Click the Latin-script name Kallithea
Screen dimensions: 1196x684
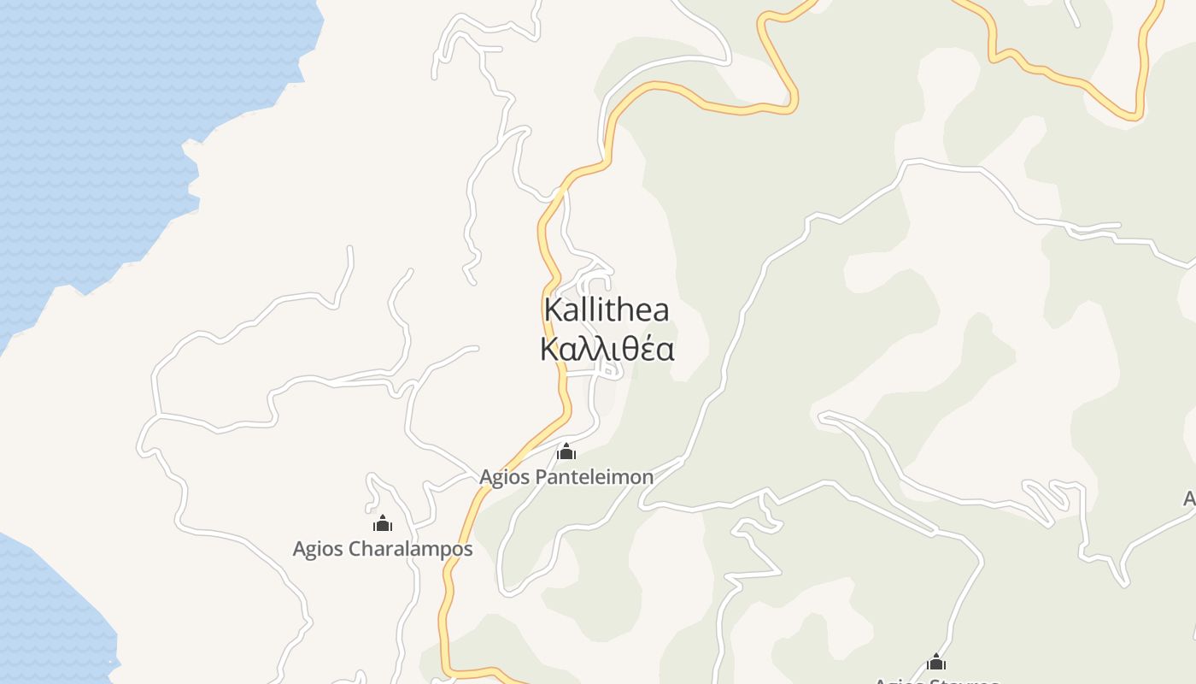(x=607, y=310)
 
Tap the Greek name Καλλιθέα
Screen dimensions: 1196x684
(x=607, y=349)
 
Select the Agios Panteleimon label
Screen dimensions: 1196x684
(x=566, y=477)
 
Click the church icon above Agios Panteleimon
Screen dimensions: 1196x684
(x=566, y=451)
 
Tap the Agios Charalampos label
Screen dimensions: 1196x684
(x=382, y=548)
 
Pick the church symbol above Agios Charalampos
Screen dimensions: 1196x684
(x=382, y=522)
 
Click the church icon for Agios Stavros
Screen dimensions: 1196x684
(x=936, y=662)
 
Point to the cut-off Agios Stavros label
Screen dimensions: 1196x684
(x=936, y=681)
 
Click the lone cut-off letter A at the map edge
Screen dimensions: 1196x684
(x=1189, y=498)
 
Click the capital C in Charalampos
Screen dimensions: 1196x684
(x=355, y=548)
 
